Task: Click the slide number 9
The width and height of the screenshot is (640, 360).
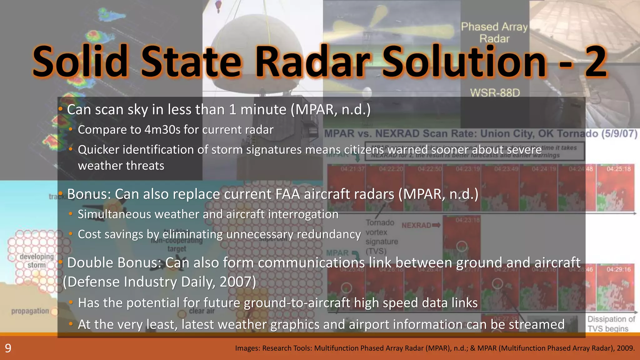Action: click(x=8, y=348)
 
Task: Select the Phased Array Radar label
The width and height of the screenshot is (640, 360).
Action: click(x=494, y=32)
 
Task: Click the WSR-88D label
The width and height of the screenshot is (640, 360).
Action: click(x=495, y=93)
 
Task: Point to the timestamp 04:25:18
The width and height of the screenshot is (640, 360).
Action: click(x=618, y=169)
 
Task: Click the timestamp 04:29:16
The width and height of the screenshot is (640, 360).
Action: click(x=618, y=269)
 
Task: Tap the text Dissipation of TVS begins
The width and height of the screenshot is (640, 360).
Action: click(x=611, y=324)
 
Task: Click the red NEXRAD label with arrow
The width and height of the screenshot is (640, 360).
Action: click(x=421, y=225)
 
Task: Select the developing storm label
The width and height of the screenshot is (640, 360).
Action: click(x=37, y=261)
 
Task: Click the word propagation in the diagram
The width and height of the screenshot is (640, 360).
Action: click(x=30, y=311)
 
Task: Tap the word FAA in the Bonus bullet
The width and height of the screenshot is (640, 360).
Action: click(x=287, y=194)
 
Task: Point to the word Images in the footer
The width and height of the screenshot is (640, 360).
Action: click(x=247, y=348)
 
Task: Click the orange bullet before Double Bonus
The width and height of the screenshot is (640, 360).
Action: click(x=60, y=262)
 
